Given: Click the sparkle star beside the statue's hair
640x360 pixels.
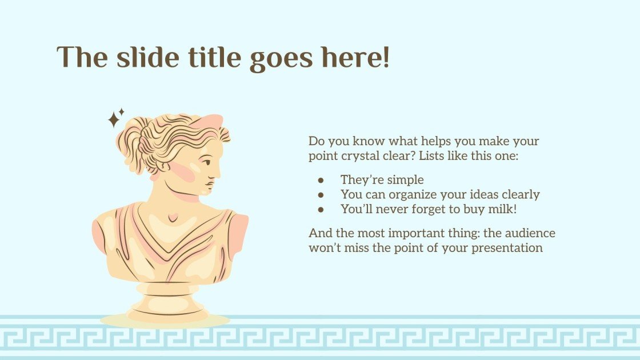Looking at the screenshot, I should pos(116,118).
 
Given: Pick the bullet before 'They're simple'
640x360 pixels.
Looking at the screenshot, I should pos(321,180).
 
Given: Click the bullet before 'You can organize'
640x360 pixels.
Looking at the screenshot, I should pos(321,195).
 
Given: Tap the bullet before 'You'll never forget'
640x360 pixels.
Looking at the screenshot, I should pos(321,210).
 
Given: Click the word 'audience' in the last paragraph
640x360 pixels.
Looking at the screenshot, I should pos(530,233).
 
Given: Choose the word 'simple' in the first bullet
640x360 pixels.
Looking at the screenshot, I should pos(406,180).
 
